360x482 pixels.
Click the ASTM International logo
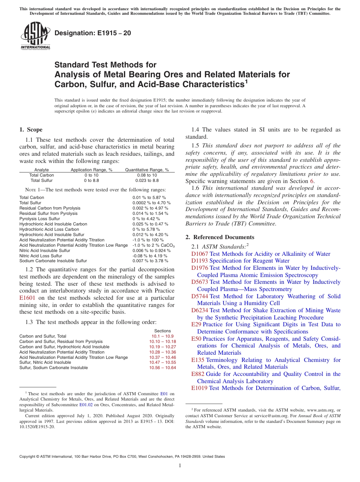coord(35,36)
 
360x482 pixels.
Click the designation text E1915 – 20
coord(93,33)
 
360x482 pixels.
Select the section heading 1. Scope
coord(31,130)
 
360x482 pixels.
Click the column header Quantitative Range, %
coord(147,170)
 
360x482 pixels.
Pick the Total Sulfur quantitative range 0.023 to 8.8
coord(147,181)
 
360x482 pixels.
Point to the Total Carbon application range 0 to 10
coord(91,175)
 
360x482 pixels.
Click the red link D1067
coord(200,254)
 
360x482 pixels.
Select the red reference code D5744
coord(200,296)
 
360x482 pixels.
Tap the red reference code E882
coord(198,374)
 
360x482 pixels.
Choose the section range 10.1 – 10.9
coord(163,336)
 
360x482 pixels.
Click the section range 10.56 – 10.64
coord(163,368)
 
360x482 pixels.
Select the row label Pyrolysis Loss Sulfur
coord(39,219)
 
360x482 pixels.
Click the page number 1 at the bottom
coord(180,466)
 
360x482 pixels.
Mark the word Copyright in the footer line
coord(28,457)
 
